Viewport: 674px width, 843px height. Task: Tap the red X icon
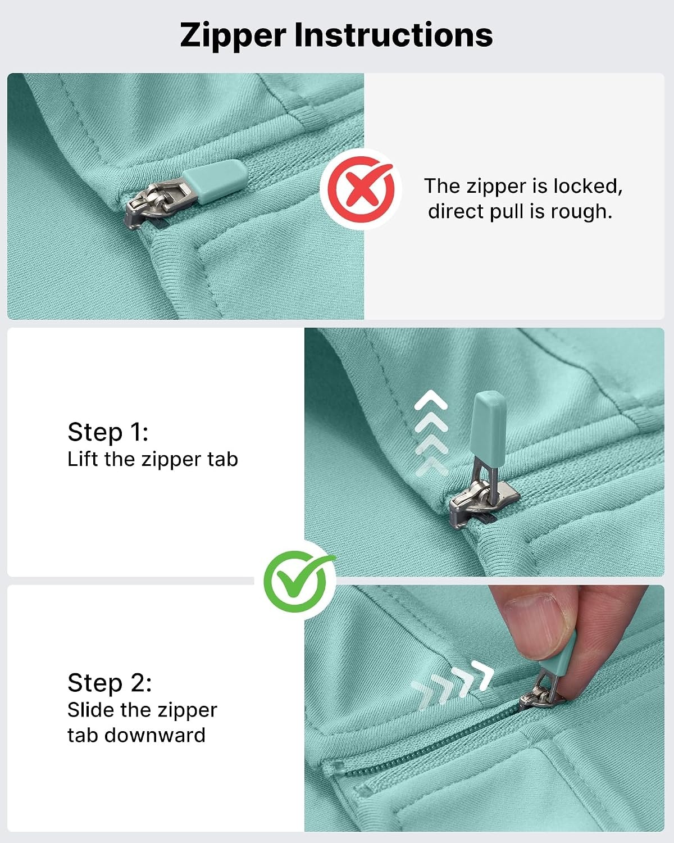click(x=361, y=189)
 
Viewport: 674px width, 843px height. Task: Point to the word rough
click(x=581, y=212)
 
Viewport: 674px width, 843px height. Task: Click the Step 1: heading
click(x=108, y=432)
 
